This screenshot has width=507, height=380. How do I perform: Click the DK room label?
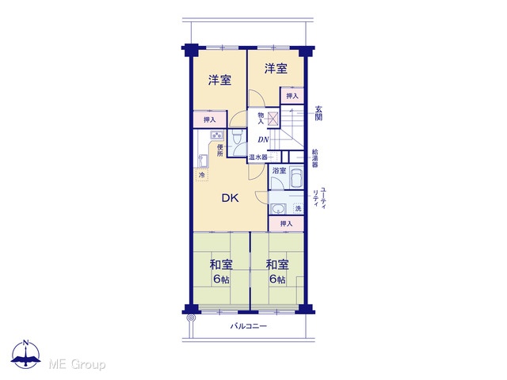pyautogui.click(x=231, y=198)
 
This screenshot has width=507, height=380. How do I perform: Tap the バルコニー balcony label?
pyautogui.click(x=248, y=326)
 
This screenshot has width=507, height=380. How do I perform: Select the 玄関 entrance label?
pyautogui.click(x=318, y=113)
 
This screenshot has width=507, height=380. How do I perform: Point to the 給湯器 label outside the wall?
pyautogui.click(x=315, y=158)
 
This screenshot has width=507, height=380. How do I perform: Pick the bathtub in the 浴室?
pyautogui.click(x=296, y=177)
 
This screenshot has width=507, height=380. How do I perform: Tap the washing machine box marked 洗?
pyautogui.click(x=298, y=208)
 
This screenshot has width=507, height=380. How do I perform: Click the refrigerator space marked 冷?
pyautogui.click(x=202, y=175)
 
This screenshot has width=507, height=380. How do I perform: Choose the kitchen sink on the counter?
pyautogui.click(x=202, y=161)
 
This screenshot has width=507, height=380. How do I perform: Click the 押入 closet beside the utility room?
pyautogui.click(x=286, y=223)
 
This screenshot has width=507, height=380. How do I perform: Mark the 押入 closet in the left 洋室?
pyautogui.click(x=209, y=120)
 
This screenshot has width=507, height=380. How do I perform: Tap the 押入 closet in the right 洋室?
pyautogui.click(x=292, y=96)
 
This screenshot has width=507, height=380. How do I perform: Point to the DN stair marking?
pyautogui.click(x=263, y=140)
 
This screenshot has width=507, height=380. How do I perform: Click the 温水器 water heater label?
pyautogui.click(x=258, y=158)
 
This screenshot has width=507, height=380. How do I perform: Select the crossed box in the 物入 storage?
pyautogui.click(x=273, y=118)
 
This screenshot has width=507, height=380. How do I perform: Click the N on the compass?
pyautogui.click(x=26, y=343)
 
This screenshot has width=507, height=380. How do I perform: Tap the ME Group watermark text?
pyautogui.click(x=78, y=364)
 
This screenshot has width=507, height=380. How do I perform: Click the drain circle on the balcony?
pyautogui.click(x=191, y=318)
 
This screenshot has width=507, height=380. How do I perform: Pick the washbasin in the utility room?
pyautogui.click(x=278, y=209)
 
